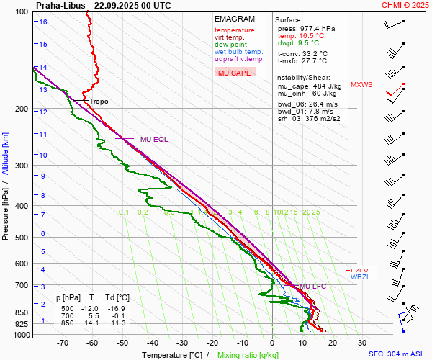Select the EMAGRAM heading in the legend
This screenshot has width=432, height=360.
[235, 19]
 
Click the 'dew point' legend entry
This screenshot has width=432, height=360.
[230, 45]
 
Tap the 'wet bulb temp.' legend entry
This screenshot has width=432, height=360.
[238, 52]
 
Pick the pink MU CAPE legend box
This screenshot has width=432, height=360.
[235, 73]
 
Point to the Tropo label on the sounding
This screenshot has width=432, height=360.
[99, 102]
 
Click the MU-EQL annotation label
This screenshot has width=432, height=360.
[153, 139]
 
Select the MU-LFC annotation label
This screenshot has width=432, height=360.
[314, 287]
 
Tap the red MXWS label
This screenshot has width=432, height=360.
[361, 85]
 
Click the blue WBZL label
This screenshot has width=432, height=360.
[359, 277]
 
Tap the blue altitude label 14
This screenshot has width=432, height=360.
[43, 68]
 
